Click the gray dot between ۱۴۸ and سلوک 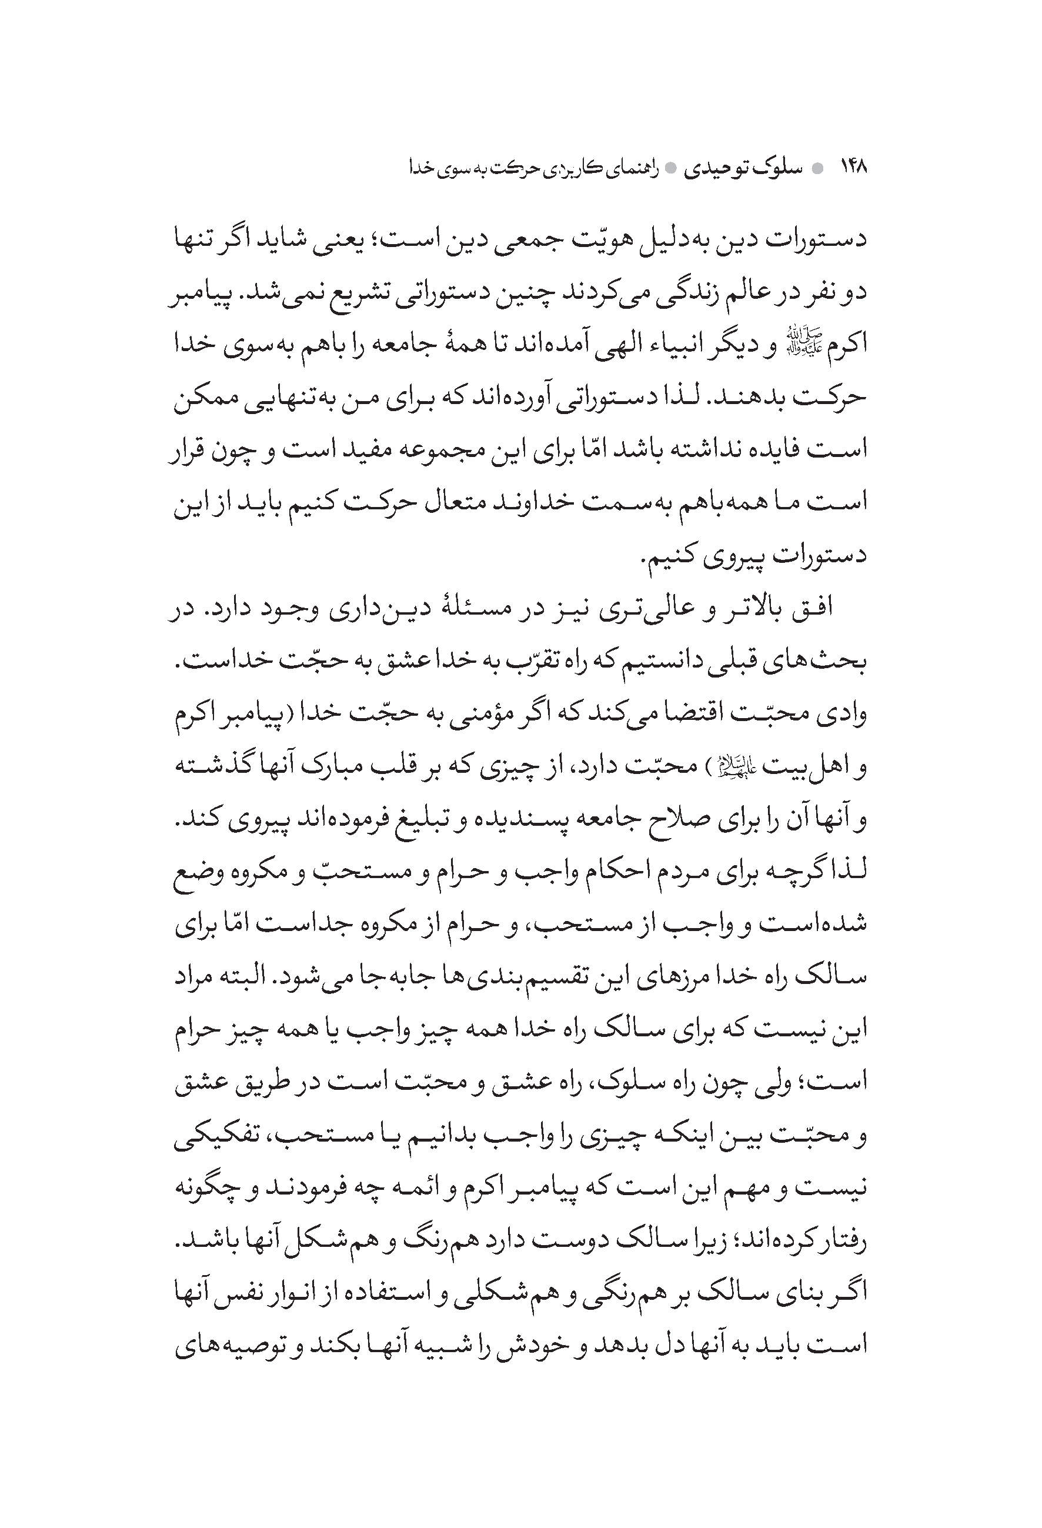(817, 169)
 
